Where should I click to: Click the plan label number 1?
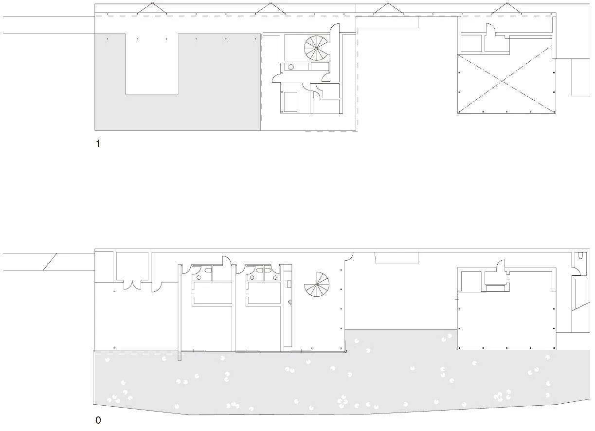pyautogui.click(x=98, y=144)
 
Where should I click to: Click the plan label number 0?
pyautogui.click(x=98, y=420)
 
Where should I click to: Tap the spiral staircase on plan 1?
pyautogui.click(x=317, y=48)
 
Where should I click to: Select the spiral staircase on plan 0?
pyautogui.click(x=317, y=285)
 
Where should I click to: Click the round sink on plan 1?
pyautogui.click(x=291, y=67)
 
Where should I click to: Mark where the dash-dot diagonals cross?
pyautogui.click(x=502, y=81)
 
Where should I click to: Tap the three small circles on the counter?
pyautogui.click(x=289, y=302)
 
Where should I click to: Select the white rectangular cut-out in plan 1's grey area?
pyautogui.click(x=152, y=64)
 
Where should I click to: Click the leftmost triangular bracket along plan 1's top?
pyautogui.click(x=152, y=8)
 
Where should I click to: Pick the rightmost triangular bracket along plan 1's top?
pyautogui.click(x=507, y=8)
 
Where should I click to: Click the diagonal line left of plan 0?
pyautogui.click(x=50, y=262)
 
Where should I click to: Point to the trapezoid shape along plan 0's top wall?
pyautogui.click(x=397, y=258)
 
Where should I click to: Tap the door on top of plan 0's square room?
pyautogui.click(x=501, y=266)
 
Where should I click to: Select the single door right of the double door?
pyautogui.click(x=157, y=287)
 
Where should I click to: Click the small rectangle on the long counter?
pyautogui.click(x=289, y=284)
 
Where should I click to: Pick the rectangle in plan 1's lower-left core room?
pyautogui.click(x=290, y=102)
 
